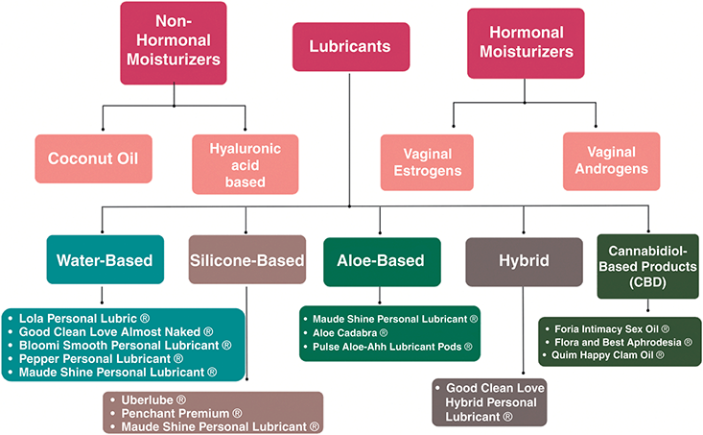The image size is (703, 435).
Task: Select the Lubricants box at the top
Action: coord(350,45)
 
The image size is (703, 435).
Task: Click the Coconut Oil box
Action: coord(93,158)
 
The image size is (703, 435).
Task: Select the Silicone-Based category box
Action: coord(246,259)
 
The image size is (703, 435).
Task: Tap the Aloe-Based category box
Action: coord(381,259)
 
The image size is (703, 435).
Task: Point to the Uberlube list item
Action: coord(150,399)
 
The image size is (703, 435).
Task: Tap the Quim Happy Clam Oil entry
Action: coord(611,354)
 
